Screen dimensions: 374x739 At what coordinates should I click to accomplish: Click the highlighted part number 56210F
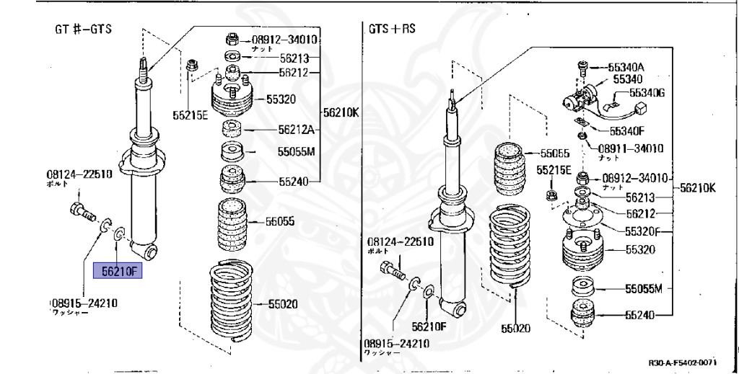(119, 271)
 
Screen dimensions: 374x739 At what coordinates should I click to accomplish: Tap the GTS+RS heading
(392, 30)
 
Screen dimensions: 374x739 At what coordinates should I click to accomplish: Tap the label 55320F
(647, 232)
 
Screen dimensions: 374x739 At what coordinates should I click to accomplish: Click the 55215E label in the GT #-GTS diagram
(190, 115)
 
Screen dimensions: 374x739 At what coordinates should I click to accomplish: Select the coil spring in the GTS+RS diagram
(512, 249)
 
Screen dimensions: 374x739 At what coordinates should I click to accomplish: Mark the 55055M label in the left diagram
(297, 152)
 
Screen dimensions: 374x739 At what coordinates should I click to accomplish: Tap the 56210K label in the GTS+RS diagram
(696, 188)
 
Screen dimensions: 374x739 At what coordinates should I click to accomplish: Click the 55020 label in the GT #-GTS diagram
(282, 305)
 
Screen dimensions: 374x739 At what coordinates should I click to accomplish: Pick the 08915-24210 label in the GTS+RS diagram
(396, 343)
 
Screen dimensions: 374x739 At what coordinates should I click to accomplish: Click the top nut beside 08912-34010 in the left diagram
(233, 39)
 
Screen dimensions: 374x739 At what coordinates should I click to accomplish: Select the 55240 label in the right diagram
(639, 314)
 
